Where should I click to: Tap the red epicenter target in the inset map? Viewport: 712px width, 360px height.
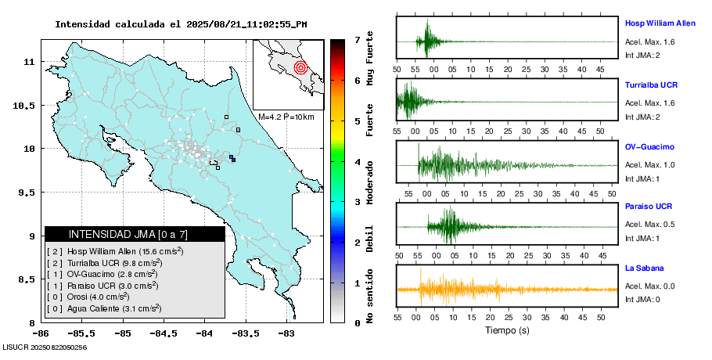(300, 68)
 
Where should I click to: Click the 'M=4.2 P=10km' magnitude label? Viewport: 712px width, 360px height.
(286, 117)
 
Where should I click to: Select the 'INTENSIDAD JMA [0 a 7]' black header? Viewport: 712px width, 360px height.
(135, 234)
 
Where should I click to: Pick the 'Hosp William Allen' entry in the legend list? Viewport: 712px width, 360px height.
(115, 251)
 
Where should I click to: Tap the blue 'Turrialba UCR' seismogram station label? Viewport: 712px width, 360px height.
(651, 85)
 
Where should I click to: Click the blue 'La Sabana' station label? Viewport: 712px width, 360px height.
(644, 268)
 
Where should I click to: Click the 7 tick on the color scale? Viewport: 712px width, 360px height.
(357, 39)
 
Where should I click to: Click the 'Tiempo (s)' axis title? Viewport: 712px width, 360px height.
(507, 330)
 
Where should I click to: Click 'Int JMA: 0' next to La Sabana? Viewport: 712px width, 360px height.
(642, 299)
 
